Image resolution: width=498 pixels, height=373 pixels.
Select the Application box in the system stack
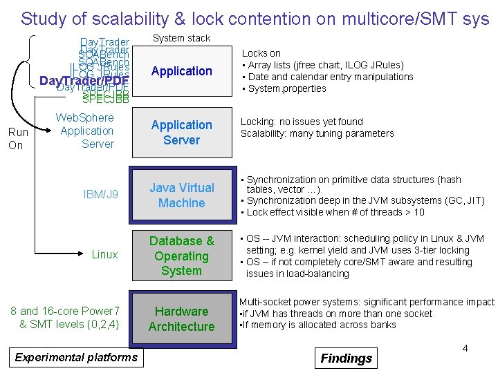coord(181,71)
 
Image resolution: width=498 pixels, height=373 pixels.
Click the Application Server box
coord(181,133)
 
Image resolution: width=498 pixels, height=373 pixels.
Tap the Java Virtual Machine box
coord(181,195)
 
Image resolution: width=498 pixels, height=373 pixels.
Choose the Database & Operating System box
coord(181,256)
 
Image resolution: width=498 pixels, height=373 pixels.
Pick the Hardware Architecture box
coord(181,319)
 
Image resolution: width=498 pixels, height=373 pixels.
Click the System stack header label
coord(181,38)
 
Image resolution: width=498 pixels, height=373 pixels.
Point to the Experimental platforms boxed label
coord(76,357)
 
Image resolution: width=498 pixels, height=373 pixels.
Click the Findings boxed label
coord(347,358)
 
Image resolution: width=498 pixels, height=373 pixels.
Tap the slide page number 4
coord(465,348)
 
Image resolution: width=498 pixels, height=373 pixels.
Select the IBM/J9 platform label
coord(101,195)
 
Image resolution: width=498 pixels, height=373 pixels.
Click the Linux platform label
coord(104,255)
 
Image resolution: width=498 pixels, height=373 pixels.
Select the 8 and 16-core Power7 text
coord(65,311)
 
